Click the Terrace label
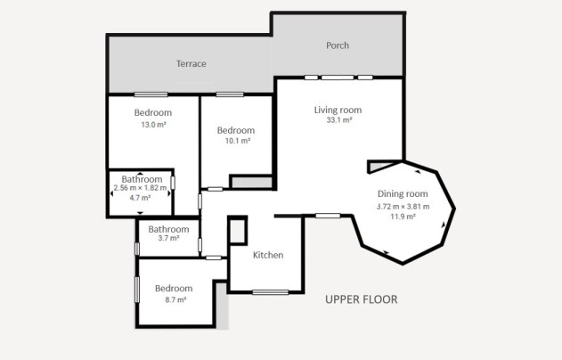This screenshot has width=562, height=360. coord(191,64)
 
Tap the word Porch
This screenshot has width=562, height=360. coord(338,45)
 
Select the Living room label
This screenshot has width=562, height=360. coord(338,110)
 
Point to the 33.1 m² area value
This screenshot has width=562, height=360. coord(339,120)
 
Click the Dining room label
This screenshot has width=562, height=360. coord(403,194)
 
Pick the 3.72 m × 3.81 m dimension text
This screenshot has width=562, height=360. coord(403,207)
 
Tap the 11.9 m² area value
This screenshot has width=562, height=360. coord(403,217)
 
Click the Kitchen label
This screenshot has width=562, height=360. coord(268,255)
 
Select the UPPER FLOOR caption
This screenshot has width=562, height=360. coord(362,299)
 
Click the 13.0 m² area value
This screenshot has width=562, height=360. coord(154,125)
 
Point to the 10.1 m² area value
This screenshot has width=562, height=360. coord(237,141)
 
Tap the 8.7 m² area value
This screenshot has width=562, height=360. coord(175,299)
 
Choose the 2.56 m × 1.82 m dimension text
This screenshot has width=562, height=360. coord(140,187)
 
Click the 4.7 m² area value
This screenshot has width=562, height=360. coord(140,198)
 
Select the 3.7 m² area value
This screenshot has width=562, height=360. coord(168,238)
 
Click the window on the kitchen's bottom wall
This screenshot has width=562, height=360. coord(270,292)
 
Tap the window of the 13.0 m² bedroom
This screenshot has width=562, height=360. coord(151,94)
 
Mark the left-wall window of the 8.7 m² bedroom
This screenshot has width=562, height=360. coord(137,290)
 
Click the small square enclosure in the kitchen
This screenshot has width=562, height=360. coord(237,231)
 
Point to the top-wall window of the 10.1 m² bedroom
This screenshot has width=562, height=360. coord(230,94)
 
